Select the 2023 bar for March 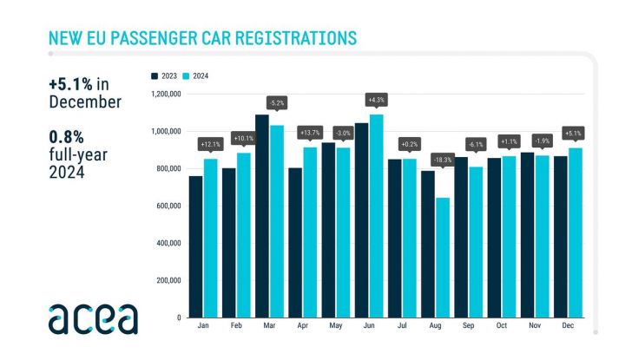point(261,216)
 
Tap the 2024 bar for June point(376,216)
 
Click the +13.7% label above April point(309,132)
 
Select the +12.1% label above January point(210,142)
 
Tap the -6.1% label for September point(476,143)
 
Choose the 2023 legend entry point(167,76)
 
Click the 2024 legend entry point(197,76)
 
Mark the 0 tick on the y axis point(176,317)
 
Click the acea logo point(93,318)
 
